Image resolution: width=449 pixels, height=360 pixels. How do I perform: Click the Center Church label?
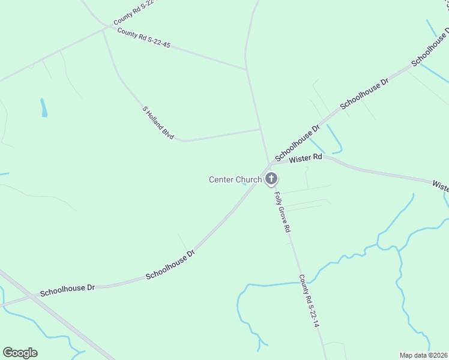tap(235, 179)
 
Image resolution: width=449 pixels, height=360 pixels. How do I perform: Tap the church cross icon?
tap(271, 178)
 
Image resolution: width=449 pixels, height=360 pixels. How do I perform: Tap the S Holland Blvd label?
tap(158, 123)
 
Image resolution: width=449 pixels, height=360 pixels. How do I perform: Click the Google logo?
tap(20, 353)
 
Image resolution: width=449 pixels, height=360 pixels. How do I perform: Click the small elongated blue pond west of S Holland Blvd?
tap(44, 108)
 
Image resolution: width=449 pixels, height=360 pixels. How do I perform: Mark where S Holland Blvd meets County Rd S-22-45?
tap(103, 28)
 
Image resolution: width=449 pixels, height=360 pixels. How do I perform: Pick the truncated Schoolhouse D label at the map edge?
tap(430, 47)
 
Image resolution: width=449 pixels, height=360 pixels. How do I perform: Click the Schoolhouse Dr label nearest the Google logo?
tap(67, 291)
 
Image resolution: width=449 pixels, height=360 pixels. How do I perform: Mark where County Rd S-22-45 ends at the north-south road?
tap(247, 70)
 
